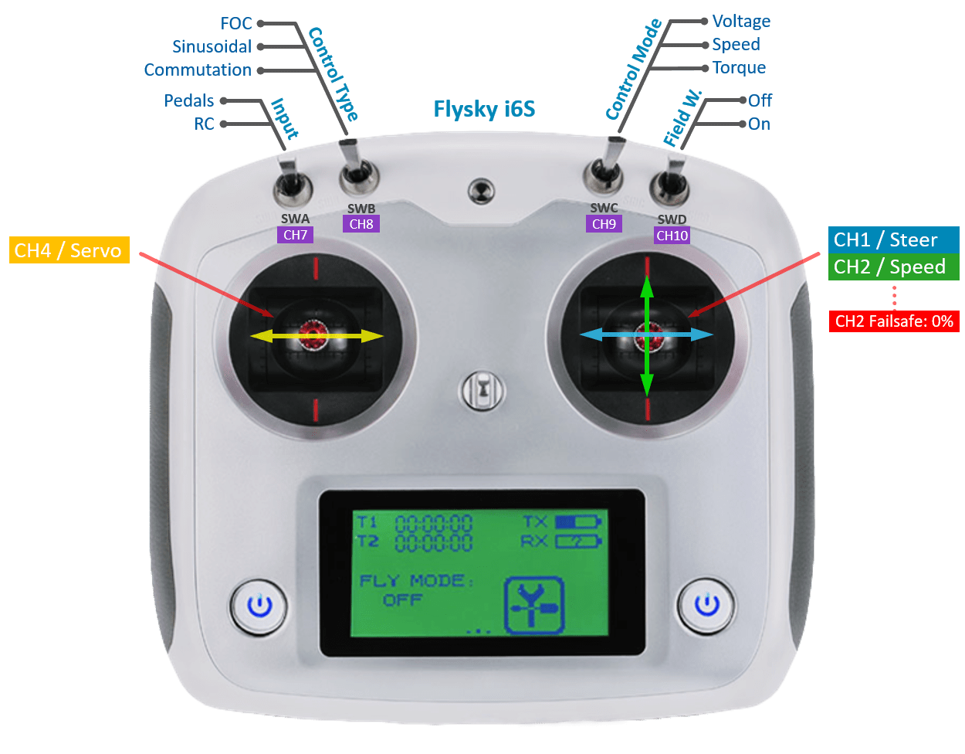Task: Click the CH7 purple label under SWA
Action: (x=296, y=235)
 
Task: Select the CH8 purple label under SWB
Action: (x=361, y=224)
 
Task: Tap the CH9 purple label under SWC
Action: (x=604, y=224)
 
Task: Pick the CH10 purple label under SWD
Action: (x=672, y=235)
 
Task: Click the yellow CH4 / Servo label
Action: (x=69, y=250)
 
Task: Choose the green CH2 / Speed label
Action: (x=889, y=267)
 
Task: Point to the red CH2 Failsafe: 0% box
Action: (x=894, y=321)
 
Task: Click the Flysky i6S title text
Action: (x=484, y=108)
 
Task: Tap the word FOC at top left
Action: (x=236, y=23)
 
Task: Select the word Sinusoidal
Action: (x=212, y=46)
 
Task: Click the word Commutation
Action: (x=198, y=70)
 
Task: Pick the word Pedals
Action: (x=189, y=100)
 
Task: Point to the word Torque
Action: (x=740, y=67)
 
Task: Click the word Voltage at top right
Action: (x=741, y=21)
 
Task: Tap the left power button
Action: (x=259, y=605)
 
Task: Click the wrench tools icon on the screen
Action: (x=534, y=605)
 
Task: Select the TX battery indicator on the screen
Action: (x=577, y=522)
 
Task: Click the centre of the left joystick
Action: (x=315, y=335)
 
